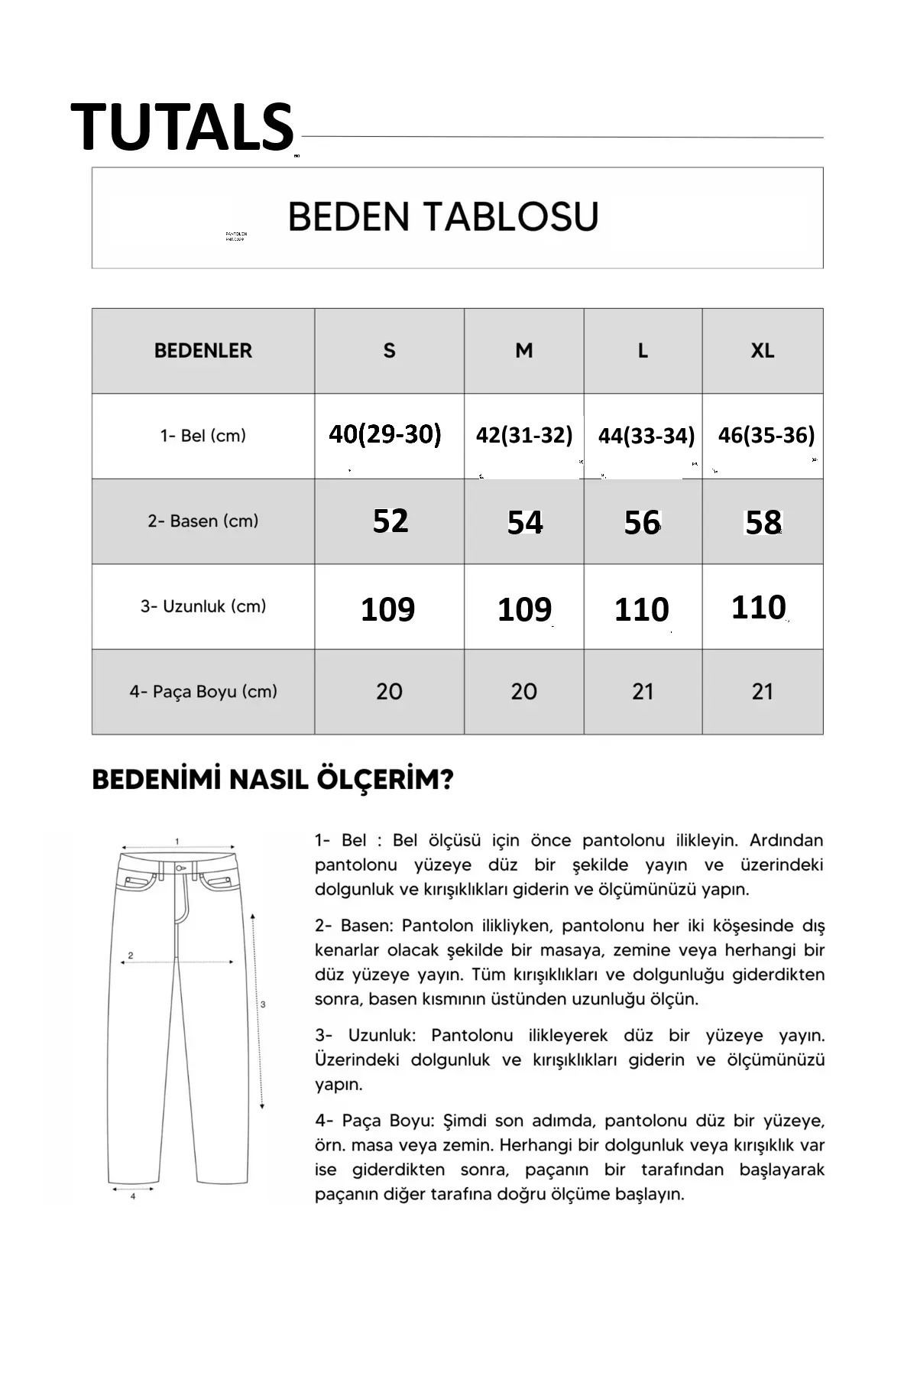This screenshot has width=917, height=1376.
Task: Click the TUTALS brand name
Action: point(182,127)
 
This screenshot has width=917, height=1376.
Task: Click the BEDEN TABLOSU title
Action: point(442,216)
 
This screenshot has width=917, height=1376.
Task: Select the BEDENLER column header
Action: point(203,351)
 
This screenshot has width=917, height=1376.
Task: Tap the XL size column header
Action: point(762,351)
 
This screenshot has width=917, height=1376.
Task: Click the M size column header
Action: point(523,351)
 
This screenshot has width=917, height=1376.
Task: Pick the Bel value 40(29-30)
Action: point(385,434)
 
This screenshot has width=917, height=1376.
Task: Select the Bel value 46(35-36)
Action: point(766,435)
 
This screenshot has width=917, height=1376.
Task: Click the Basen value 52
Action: point(390,521)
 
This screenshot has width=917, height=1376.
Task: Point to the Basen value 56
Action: point(641,523)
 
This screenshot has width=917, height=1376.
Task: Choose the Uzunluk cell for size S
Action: point(387,609)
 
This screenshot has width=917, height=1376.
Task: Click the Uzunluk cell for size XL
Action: point(758,607)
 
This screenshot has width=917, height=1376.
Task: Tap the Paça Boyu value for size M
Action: point(523,691)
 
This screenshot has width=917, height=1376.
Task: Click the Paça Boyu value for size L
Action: point(643,691)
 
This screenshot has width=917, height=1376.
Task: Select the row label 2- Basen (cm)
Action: point(203,521)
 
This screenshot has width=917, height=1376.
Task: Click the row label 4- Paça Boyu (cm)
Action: point(203,692)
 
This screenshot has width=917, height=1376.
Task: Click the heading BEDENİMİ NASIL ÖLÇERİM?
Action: point(272,780)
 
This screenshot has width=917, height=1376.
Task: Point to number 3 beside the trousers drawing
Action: point(263,1004)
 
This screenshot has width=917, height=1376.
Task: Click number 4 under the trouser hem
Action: point(133,1196)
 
